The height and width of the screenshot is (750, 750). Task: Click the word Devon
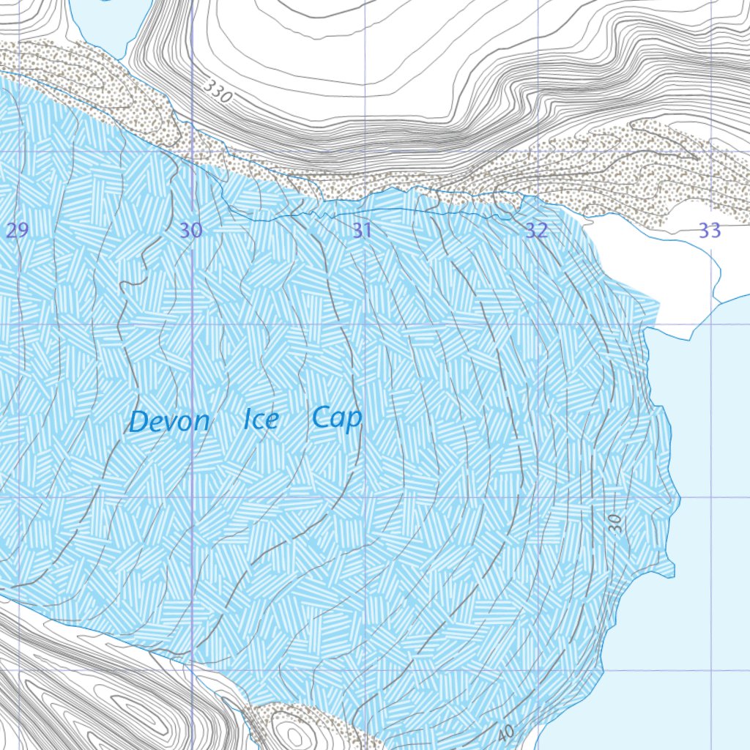169,421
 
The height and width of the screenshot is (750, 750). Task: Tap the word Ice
260,420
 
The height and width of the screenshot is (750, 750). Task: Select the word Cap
336,418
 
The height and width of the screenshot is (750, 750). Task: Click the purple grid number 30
190,231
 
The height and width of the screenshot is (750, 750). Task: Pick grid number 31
363,231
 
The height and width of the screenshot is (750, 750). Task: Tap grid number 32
536,231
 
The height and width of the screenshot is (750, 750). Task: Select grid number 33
709,231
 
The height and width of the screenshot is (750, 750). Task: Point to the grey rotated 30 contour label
615,522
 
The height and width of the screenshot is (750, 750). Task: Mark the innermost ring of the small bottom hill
293,735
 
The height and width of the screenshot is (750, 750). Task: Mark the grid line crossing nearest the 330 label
192,151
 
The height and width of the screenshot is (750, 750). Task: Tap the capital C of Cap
320,417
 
